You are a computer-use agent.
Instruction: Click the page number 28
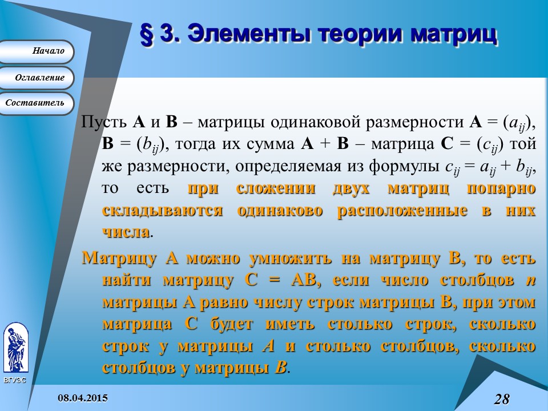(502, 398)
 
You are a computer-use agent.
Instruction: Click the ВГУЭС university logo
(15, 348)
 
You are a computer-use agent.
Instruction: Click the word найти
(127, 280)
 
